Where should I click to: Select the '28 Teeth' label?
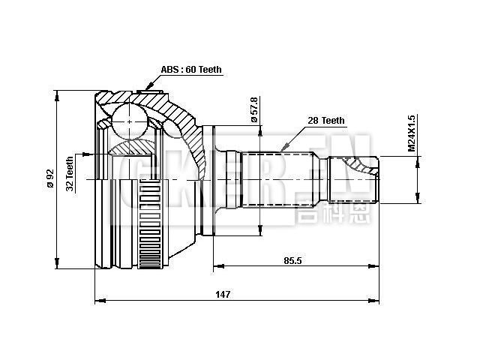[326, 120]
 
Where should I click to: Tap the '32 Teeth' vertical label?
[70, 173]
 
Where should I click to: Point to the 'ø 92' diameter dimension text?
[49, 178]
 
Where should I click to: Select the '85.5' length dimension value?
[292, 259]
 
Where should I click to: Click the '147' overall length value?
[223, 295]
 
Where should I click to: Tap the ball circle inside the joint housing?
[130, 121]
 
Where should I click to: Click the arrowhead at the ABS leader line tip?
[139, 91]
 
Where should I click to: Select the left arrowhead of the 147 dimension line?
[99, 301]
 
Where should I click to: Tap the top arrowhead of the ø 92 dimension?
[58, 94]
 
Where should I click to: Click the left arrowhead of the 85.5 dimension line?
[217, 265]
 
